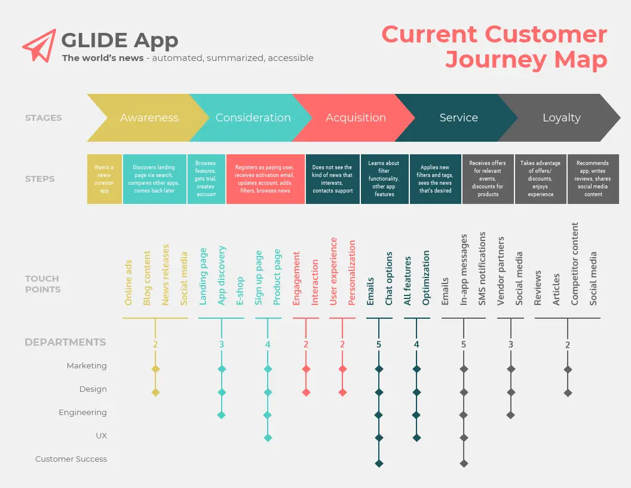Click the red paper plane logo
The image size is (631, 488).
tap(39, 45)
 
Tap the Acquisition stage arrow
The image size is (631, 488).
tap(354, 118)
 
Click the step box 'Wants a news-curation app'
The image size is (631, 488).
tap(104, 179)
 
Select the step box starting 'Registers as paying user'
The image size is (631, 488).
tap(265, 179)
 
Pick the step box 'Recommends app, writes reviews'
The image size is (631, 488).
tap(593, 179)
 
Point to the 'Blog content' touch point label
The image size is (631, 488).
tap(147, 278)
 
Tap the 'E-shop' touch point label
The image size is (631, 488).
tap(240, 291)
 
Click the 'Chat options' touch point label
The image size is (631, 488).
tap(389, 279)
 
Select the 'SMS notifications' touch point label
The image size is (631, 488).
tap(482, 269)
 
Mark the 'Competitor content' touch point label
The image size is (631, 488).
tap(575, 264)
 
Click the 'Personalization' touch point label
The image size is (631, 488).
tap(352, 273)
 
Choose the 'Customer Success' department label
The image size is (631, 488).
tap(71, 459)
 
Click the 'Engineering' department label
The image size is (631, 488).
tap(83, 413)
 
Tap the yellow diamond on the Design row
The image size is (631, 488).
tap(155, 392)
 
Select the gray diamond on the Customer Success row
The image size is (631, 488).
tap(464, 463)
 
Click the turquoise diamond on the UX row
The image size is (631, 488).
tap(268, 438)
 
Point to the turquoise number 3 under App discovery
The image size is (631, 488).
tap(221, 344)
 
